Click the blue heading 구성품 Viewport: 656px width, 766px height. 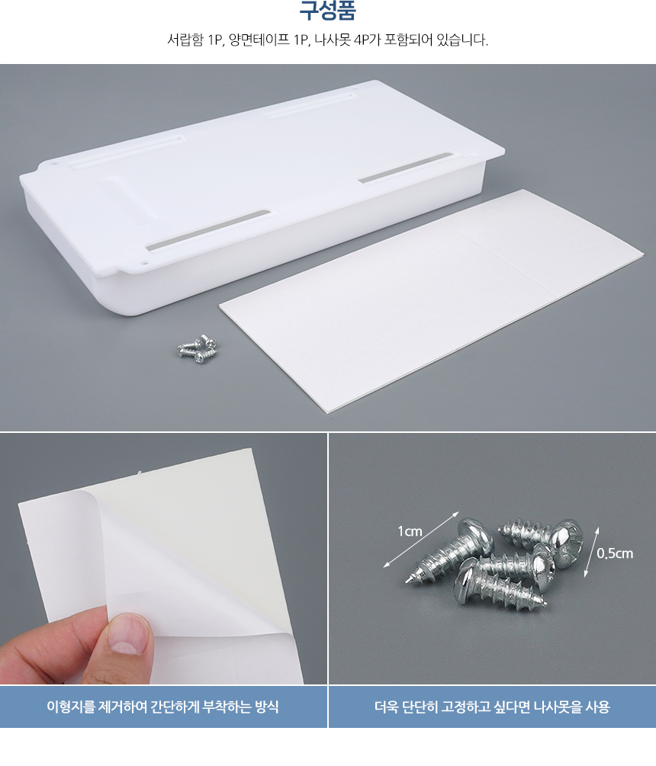pyautogui.click(x=327, y=10)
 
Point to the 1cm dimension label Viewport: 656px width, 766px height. pyautogui.click(x=410, y=531)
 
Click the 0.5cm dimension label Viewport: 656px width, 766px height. pyautogui.click(x=615, y=553)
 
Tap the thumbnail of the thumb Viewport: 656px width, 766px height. pyautogui.click(x=127, y=633)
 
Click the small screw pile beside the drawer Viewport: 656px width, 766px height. pyautogui.click(x=198, y=348)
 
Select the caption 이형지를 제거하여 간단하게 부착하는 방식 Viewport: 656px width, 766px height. pyautogui.click(x=162, y=707)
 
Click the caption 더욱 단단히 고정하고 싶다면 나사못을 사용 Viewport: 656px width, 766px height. pyautogui.click(x=492, y=707)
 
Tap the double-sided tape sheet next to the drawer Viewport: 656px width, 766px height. pyautogui.click(x=431, y=300)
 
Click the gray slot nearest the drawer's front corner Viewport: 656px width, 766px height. pyautogui.click(x=208, y=231)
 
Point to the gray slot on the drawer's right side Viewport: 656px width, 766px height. pyautogui.click(x=405, y=168)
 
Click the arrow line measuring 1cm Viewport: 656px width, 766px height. pyautogui.click(x=421, y=540)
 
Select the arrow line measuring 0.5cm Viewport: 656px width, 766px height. pyautogui.click(x=591, y=552)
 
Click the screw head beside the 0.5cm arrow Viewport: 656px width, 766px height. pyautogui.click(x=568, y=543)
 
